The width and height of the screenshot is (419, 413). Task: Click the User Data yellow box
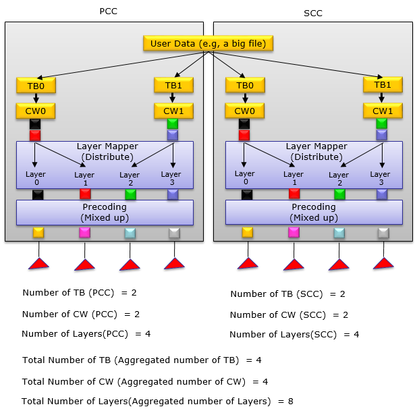coord(208,44)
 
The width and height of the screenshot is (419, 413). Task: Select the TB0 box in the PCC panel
coord(36,86)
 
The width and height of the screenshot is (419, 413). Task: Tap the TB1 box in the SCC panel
coord(383,85)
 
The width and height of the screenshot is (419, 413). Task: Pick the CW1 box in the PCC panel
coord(173,111)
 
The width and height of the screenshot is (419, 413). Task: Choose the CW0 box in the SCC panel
coord(244,111)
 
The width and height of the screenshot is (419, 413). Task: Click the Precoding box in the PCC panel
coord(105,212)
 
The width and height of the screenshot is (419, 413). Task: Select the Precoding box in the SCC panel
coord(314,212)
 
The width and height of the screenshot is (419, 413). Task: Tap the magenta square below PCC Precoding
coord(84,233)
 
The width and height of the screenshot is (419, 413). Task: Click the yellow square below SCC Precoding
coord(248,233)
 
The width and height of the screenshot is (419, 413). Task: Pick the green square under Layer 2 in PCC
coord(131,194)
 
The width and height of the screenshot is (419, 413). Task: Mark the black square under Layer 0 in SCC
coord(248,194)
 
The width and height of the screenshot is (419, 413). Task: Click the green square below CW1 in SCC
coord(382,123)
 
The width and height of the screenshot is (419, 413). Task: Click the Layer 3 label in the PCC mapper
coord(171,178)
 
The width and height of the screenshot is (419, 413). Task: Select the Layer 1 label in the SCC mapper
coord(294,179)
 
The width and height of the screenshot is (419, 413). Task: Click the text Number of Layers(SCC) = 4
coord(294,334)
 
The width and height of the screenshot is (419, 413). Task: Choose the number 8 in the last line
coord(290,401)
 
